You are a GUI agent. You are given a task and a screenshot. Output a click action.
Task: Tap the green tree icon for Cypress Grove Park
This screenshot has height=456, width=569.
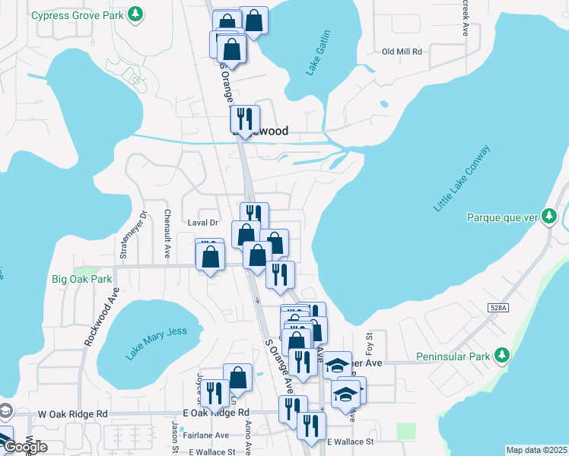click(x=135, y=14)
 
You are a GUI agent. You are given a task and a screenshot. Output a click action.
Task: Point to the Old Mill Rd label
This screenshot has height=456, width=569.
click(x=401, y=52)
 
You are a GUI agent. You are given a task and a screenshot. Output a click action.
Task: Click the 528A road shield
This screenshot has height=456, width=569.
click(x=498, y=306)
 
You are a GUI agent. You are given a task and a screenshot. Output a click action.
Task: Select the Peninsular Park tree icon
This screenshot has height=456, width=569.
click(x=501, y=356)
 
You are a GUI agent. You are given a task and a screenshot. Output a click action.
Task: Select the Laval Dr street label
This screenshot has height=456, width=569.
click(x=202, y=223)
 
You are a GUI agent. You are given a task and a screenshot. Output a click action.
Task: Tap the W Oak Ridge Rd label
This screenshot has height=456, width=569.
click(x=72, y=414)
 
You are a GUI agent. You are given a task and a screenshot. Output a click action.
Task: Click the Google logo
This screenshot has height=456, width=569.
click(x=25, y=446)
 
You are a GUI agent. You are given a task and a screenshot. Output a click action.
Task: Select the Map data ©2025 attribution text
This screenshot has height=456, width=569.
click(x=536, y=450)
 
